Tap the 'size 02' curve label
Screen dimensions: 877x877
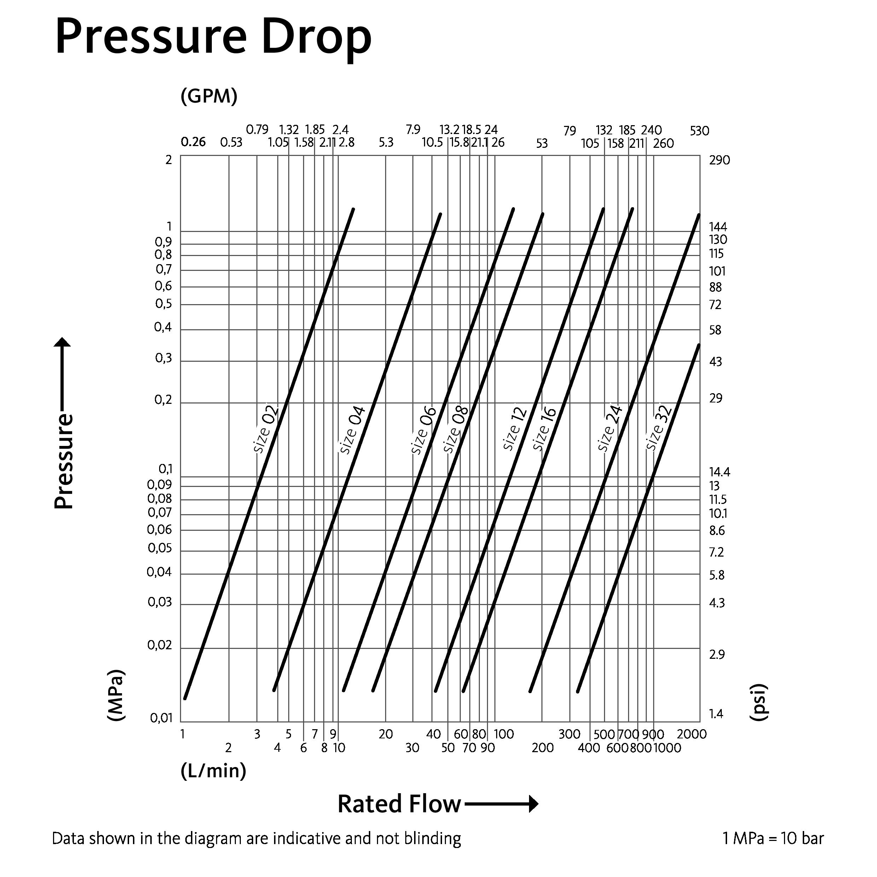(x=266, y=429)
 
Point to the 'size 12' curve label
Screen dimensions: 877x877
(x=515, y=429)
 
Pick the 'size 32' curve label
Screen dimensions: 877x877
(x=659, y=428)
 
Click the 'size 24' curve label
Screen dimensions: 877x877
(x=610, y=429)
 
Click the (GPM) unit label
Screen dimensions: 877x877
(x=209, y=96)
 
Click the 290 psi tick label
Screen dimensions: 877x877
(x=720, y=160)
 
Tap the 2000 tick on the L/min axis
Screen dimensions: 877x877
(x=691, y=734)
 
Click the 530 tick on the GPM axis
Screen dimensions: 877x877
(x=699, y=131)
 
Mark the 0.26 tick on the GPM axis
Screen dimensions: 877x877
(x=193, y=142)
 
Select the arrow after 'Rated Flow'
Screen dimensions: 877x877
(x=501, y=804)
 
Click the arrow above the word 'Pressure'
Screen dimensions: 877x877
(x=63, y=372)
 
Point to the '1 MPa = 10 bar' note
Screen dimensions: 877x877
(x=773, y=838)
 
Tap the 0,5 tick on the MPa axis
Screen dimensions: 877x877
(x=163, y=304)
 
